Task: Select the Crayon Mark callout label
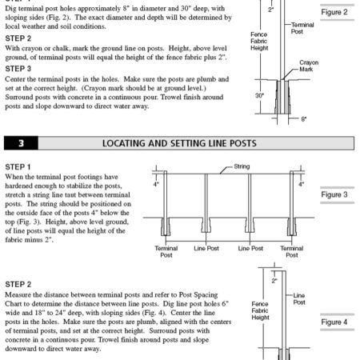tap(309, 65)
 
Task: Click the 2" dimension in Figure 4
tap(274, 281)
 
